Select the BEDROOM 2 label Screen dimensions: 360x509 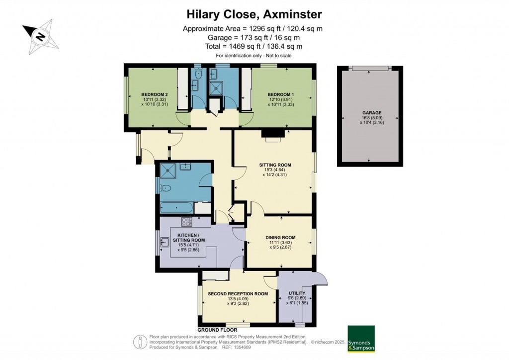coord(154,94)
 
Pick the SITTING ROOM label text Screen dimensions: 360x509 coord(275,165)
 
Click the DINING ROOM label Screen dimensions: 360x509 coord(281,237)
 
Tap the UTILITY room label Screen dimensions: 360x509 coord(297,293)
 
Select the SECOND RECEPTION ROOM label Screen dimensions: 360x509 coord(238,294)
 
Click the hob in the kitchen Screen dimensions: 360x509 coord(187,222)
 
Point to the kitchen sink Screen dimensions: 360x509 coord(165,243)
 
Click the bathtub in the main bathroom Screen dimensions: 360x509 coord(176,207)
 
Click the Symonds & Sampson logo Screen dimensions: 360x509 coord(361,339)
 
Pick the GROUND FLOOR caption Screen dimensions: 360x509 coord(217,330)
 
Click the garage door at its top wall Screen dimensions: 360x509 coord(370,68)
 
